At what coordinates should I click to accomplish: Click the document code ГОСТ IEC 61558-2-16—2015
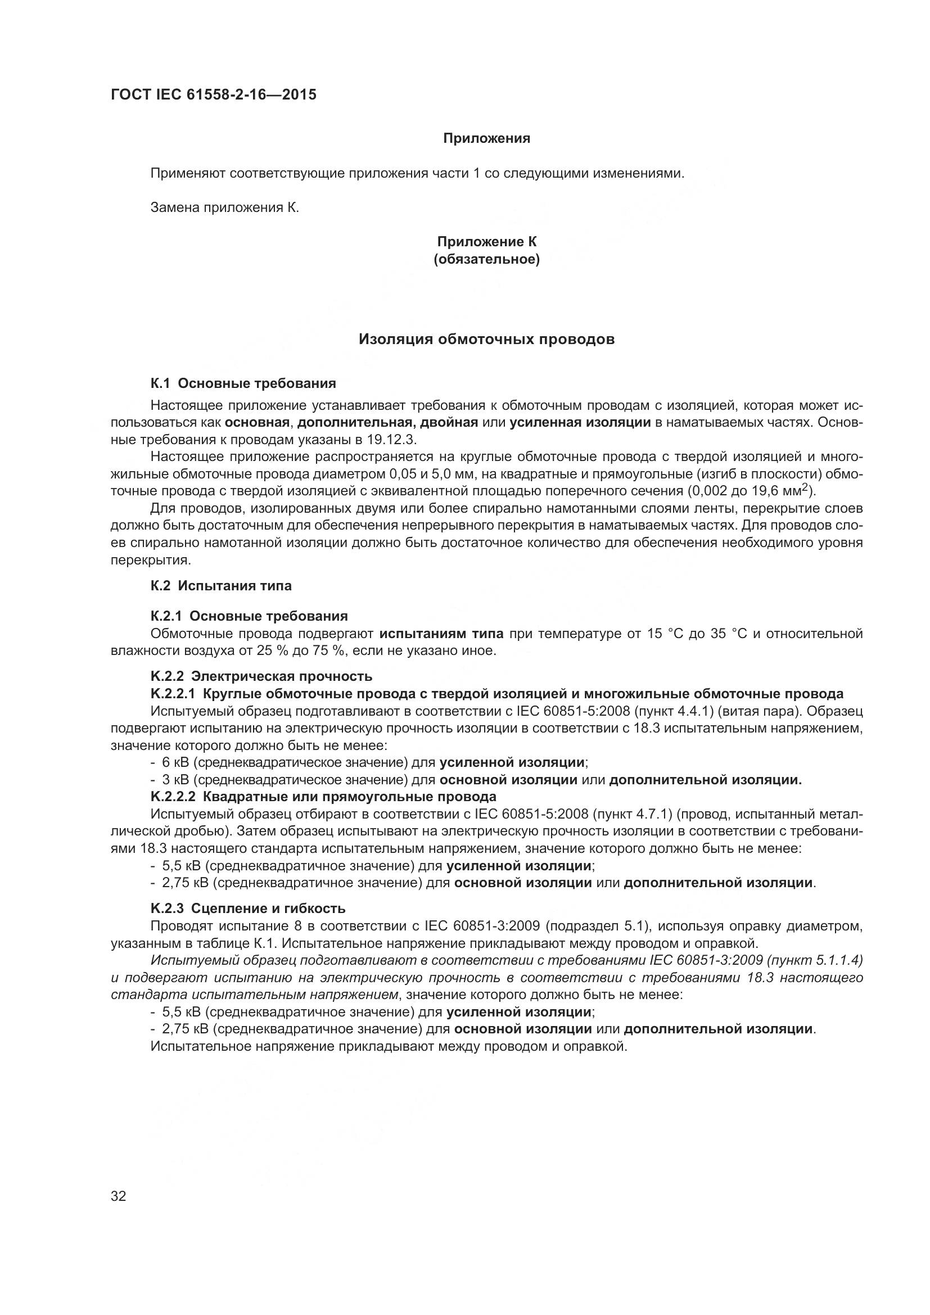pos(213,95)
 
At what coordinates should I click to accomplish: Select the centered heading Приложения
pos(486,139)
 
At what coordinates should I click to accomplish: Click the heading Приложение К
pos(486,242)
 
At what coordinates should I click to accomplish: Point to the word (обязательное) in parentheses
pos(486,259)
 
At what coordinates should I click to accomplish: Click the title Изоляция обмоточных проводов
pos(486,340)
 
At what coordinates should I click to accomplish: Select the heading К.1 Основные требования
pos(243,383)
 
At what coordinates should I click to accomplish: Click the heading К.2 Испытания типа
pos(220,586)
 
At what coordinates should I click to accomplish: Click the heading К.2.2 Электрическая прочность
pos(261,676)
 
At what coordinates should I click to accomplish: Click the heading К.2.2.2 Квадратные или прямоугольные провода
pos(323,797)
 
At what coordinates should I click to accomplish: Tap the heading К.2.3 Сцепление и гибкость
pos(247,909)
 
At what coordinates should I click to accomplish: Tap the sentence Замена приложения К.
pos(224,207)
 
